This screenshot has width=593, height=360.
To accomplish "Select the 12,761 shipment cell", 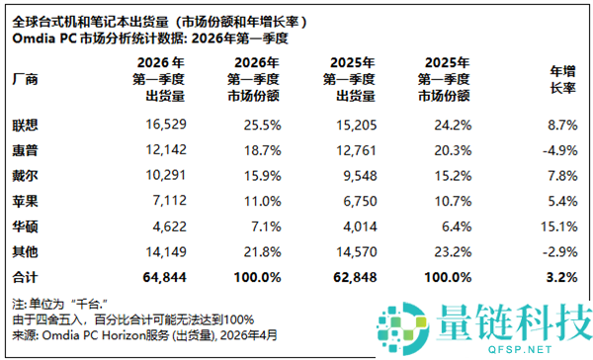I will pyautogui.click(x=347, y=150).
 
